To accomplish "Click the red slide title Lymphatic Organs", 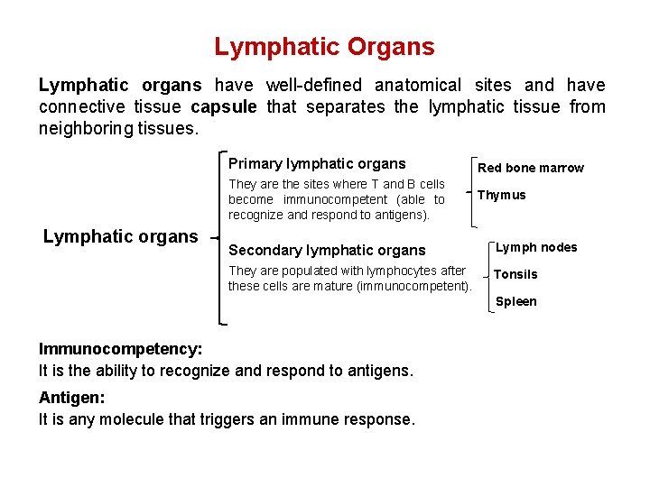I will pyautogui.click(x=324, y=47).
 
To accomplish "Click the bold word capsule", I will pyautogui.click(x=224, y=107).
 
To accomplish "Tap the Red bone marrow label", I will pyautogui.click(x=531, y=168).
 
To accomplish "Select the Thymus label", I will pyautogui.click(x=501, y=195).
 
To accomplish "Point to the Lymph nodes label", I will pyautogui.click(x=536, y=247).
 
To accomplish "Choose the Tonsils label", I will pyautogui.click(x=515, y=274).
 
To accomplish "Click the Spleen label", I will pyautogui.click(x=515, y=301).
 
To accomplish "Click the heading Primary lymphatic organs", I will pyautogui.click(x=317, y=164).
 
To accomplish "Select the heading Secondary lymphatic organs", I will pyautogui.click(x=327, y=250).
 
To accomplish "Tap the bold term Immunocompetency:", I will pyautogui.click(x=120, y=349).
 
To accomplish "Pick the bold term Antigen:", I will pyautogui.click(x=70, y=398).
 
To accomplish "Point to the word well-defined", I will pyautogui.click(x=313, y=86).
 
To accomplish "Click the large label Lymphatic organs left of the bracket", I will pyautogui.click(x=120, y=236).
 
